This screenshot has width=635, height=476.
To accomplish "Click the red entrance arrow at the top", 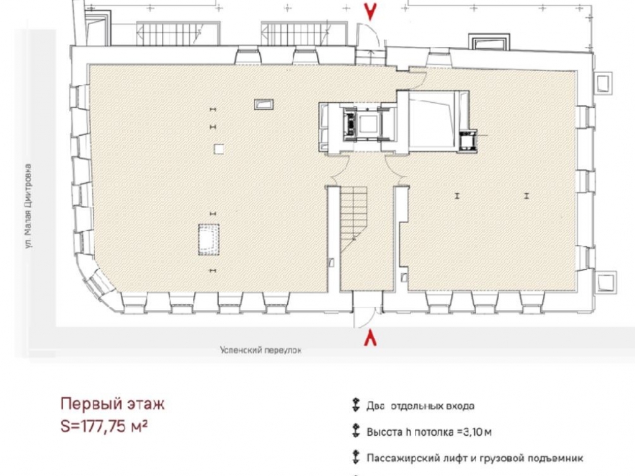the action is [x=370, y=11].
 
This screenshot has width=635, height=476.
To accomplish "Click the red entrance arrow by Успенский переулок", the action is [x=370, y=338].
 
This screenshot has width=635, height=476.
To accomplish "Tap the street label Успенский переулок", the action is [x=261, y=350].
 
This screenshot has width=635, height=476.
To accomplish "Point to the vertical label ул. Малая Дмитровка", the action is [x=28, y=206].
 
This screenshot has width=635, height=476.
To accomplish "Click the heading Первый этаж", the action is [x=113, y=403].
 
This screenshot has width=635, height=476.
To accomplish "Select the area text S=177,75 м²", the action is [x=104, y=426].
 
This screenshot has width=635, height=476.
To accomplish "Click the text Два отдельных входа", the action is [x=420, y=405].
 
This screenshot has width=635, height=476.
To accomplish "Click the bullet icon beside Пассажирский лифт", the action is [x=355, y=457].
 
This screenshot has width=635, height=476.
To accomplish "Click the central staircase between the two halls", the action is [x=353, y=219].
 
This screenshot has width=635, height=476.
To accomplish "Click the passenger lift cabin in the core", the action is [x=368, y=124].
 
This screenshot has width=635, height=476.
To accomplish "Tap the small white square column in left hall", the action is [x=219, y=149].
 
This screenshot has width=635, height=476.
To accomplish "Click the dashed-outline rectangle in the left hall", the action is [x=208, y=240].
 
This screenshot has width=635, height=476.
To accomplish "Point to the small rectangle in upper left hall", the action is [x=264, y=104].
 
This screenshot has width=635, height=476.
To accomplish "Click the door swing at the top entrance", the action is [x=368, y=35].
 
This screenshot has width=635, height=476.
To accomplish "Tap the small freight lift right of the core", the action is [x=468, y=140].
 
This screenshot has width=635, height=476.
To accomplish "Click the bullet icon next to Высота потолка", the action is [x=355, y=431].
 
